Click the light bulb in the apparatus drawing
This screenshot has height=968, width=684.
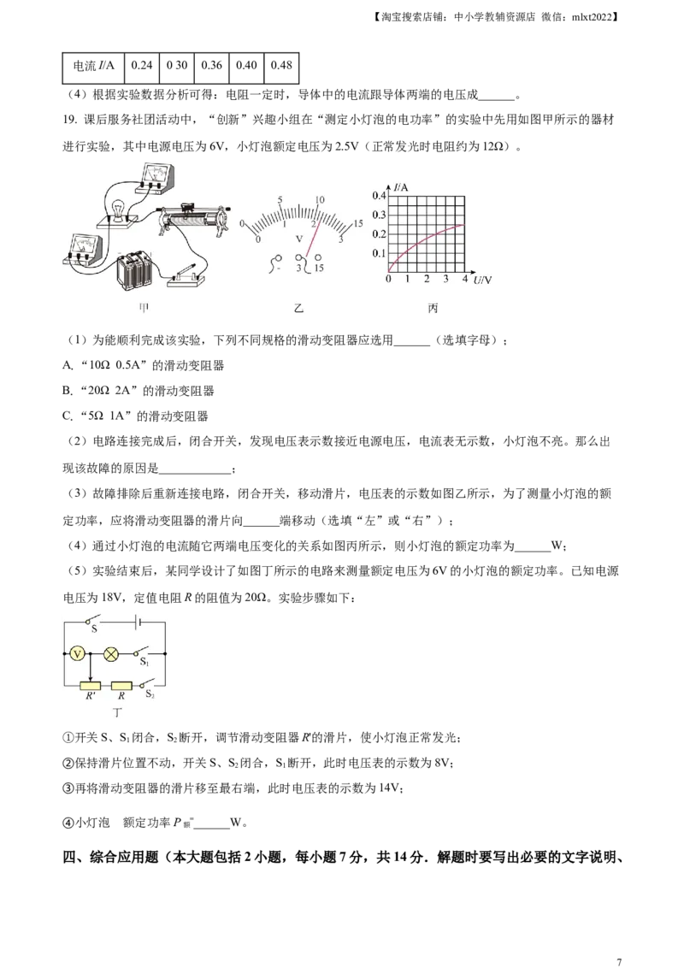(119, 208)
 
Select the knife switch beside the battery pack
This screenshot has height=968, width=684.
(187, 276)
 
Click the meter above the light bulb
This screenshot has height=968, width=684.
(155, 175)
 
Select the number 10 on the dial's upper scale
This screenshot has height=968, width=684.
(320, 200)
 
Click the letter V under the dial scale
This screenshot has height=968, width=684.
(299, 239)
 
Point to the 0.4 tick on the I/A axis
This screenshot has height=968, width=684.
(379, 195)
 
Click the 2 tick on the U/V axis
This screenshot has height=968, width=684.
(427, 280)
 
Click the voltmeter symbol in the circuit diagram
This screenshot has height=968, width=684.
(77, 654)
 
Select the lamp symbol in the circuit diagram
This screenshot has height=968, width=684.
(111, 654)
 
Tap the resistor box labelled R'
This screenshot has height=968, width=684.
(89, 686)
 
